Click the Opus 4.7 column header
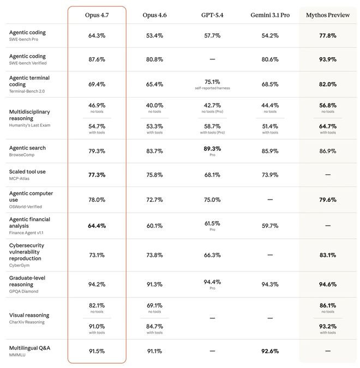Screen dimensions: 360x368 click(97, 15)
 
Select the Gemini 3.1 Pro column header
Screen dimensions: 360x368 click(270, 15)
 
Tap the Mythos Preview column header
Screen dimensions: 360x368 click(328, 15)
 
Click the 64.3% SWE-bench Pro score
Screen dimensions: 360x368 click(97, 35)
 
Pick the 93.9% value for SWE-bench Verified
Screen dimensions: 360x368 click(328, 59)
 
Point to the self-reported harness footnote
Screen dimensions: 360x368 click(212, 88)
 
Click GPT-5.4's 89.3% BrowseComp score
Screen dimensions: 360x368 click(212, 149)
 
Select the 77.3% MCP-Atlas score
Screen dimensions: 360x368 click(97, 175)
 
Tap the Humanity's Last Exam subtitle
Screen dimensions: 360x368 click(29, 125)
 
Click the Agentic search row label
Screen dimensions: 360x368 click(27, 148)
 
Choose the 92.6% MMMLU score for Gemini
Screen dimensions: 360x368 click(270, 351)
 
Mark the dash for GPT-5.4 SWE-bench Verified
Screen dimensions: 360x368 click(212, 59)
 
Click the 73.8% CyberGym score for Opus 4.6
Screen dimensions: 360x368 click(154, 255)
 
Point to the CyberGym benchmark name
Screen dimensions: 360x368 click(19, 265)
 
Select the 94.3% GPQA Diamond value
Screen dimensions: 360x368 click(270, 285)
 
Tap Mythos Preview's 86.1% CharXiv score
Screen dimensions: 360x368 click(328, 305)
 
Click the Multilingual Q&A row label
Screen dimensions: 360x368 click(29, 348)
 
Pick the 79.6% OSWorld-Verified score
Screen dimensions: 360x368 click(328, 200)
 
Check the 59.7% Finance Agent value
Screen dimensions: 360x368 click(270, 226)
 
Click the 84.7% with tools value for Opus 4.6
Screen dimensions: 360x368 click(154, 327)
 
